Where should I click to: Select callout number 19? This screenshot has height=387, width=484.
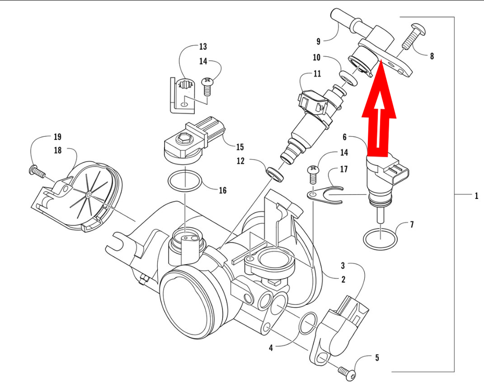coord(58,137)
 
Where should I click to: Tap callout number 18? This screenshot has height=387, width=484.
coord(58,150)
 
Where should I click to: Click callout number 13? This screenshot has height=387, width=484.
coord(203,46)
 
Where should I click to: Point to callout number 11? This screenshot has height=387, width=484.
coord(317,74)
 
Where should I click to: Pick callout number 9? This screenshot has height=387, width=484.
coord(318,41)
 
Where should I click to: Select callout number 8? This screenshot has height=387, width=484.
coord(432,56)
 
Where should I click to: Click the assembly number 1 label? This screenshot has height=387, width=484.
coord(476,196)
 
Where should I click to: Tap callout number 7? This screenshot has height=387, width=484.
coord(412,224)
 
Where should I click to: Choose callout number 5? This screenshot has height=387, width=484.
coord(377,358)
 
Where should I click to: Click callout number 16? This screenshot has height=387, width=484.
coord(223,190)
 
